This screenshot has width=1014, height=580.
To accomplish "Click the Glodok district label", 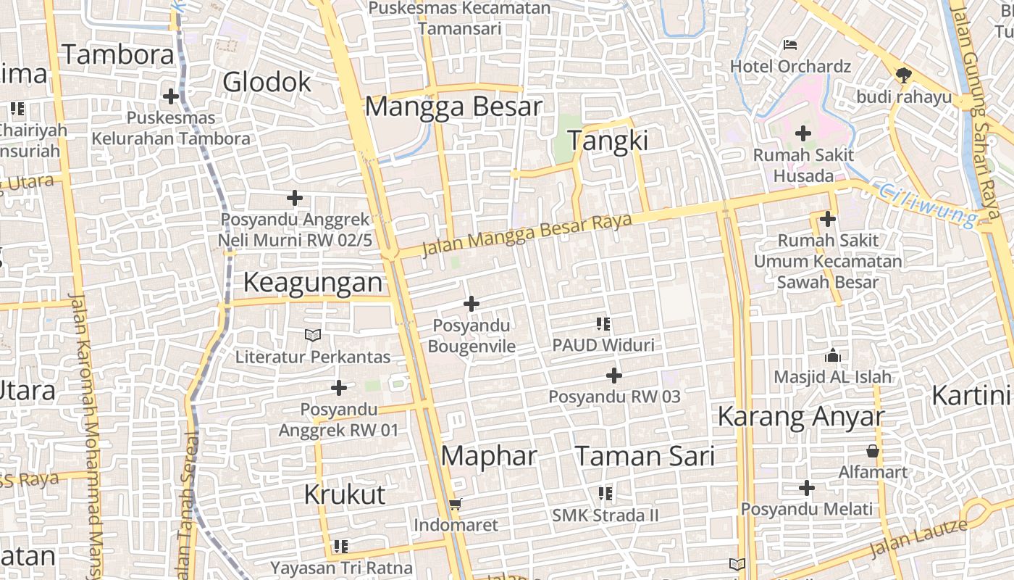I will pyautogui.click(x=267, y=83).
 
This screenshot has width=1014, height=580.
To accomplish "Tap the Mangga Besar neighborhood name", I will pyautogui.click(x=453, y=107).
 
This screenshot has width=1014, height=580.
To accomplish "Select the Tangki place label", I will pyautogui.click(x=608, y=141).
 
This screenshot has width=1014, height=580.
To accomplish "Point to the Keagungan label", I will pyautogui.click(x=312, y=283).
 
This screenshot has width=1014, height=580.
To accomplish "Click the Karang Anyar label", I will pyautogui.click(x=800, y=417).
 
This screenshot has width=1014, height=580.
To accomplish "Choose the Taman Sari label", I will pyautogui.click(x=645, y=456).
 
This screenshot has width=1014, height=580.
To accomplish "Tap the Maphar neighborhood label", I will pyautogui.click(x=489, y=456).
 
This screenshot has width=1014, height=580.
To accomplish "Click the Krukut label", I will pyautogui.click(x=344, y=495).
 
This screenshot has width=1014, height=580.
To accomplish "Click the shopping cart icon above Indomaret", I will pyautogui.click(x=456, y=504).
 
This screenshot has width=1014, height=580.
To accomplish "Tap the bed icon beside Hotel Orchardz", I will pyautogui.click(x=790, y=45).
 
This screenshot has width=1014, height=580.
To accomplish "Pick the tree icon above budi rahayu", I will pyautogui.click(x=903, y=75).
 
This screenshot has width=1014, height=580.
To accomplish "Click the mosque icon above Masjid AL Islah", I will pyautogui.click(x=833, y=355).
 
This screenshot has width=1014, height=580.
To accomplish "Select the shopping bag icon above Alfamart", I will pyautogui.click(x=873, y=451).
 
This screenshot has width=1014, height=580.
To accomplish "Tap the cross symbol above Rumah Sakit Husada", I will pyautogui.click(x=803, y=133).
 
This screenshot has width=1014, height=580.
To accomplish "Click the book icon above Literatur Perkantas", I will pyautogui.click(x=313, y=335).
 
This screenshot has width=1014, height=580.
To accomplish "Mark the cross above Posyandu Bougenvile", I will pyautogui.click(x=472, y=304).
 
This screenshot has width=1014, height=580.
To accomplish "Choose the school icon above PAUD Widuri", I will pyautogui.click(x=603, y=323).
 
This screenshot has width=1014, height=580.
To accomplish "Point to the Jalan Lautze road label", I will pyautogui.click(x=918, y=538).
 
